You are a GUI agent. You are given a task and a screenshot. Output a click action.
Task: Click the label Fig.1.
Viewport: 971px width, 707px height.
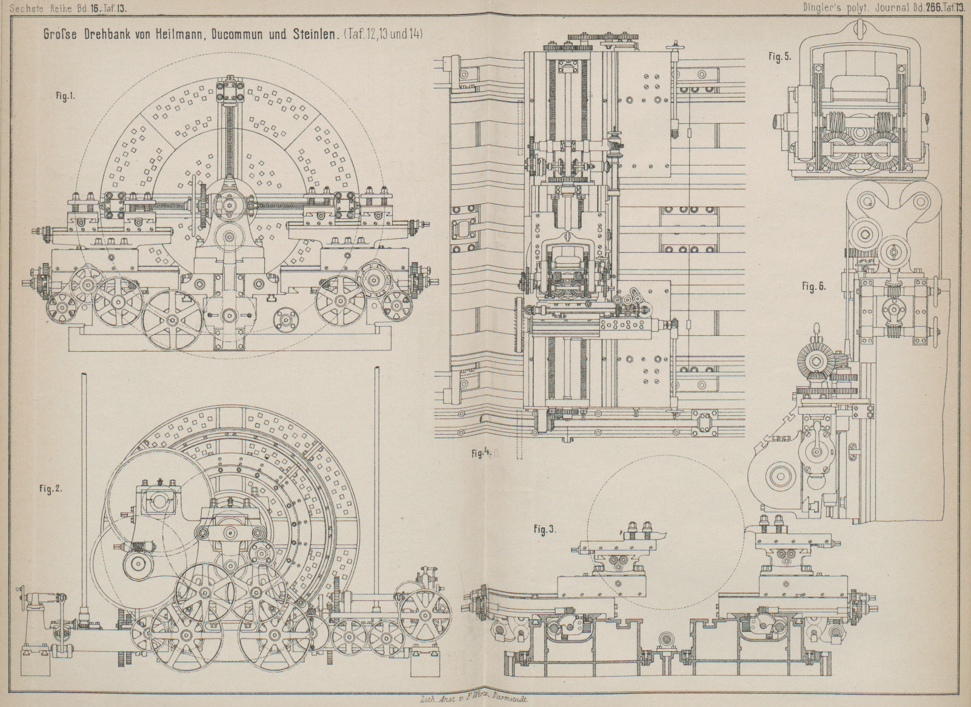point(65,96)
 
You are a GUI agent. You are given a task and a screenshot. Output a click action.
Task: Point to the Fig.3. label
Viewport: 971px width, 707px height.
point(545,529)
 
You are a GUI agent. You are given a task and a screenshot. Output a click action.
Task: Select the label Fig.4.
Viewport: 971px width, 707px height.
point(480,453)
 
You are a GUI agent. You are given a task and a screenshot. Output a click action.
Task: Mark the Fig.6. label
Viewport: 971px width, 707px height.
point(814,286)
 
